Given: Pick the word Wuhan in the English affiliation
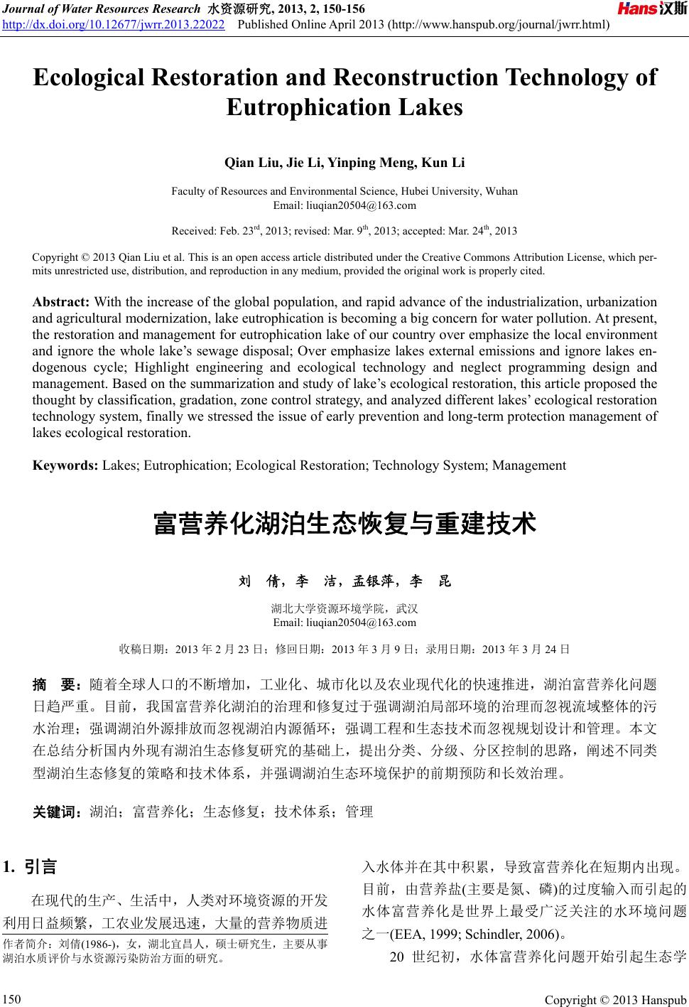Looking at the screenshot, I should click(502, 191).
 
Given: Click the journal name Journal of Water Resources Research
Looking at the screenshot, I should click(102, 9).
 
